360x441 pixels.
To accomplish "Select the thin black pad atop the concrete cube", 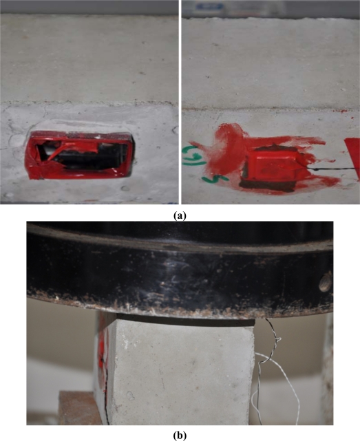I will pyautogui.click(x=184, y=319).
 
